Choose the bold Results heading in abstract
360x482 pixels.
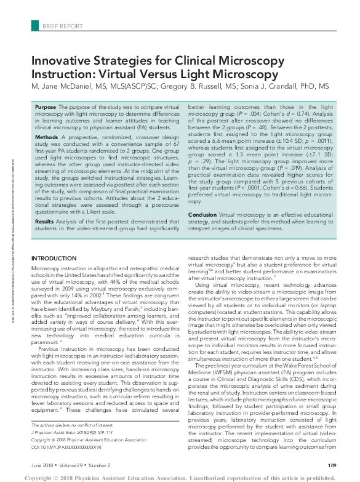(x=45, y=221)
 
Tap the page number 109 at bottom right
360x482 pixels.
(x=331, y=465)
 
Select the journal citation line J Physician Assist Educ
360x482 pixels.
(x=70, y=433)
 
